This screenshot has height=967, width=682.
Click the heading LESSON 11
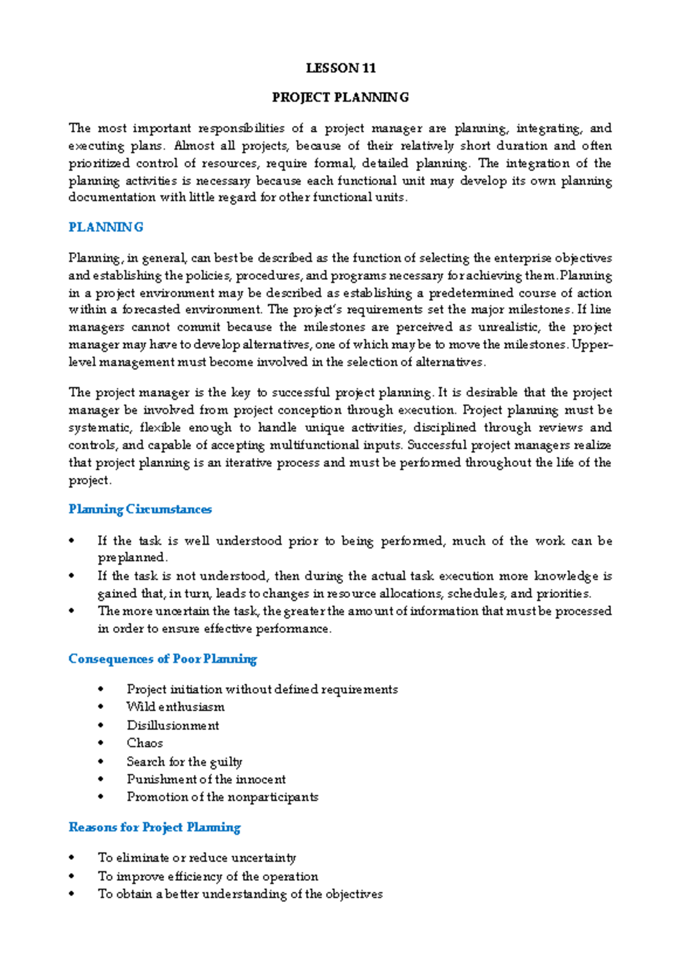pyautogui.click(x=340, y=68)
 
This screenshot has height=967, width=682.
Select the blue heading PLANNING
pyautogui.click(x=106, y=227)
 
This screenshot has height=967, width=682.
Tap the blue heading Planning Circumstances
pyautogui.click(x=140, y=509)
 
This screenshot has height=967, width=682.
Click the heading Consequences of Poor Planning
pyautogui.click(x=163, y=659)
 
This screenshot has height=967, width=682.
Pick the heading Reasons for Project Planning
pyautogui.click(x=155, y=827)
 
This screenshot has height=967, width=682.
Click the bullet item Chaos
pyautogui.click(x=144, y=743)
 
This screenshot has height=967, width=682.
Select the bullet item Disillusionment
pyautogui.click(x=173, y=726)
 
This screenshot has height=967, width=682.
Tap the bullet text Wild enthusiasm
pyautogui.click(x=176, y=707)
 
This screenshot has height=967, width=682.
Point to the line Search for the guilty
pyautogui.click(x=185, y=761)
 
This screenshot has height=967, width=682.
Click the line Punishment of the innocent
pyautogui.click(x=206, y=780)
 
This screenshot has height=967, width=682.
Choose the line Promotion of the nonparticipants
pyautogui.click(x=222, y=797)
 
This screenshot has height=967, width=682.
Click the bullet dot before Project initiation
pyautogui.click(x=101, y=690)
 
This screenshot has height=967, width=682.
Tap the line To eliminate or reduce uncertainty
pyautogui.click(x=197, y=858)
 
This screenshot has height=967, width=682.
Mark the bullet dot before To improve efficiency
pyautogui.click(x=72, y=877)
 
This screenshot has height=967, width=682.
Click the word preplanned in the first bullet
pyautogui.click(x=132, y=557)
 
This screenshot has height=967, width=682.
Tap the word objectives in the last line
pyautogui.click(x=354, y=894)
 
